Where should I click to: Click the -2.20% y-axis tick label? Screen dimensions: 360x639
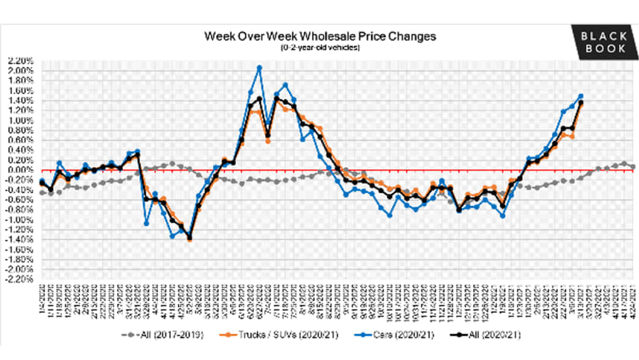(x=21, y=279)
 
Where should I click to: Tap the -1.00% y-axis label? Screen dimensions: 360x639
(x=21, y=219)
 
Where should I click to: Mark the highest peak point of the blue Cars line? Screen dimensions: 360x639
(x=260, y=67)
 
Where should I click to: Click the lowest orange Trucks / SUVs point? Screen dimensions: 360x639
(x=189, y=239)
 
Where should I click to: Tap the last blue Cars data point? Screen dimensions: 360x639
(x=580, y=96)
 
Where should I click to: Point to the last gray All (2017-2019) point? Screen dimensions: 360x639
(x=634, y=167)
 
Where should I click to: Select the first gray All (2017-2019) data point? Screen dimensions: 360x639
(x=42, y=193)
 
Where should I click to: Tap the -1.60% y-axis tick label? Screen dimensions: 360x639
(x=21, y=249)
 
